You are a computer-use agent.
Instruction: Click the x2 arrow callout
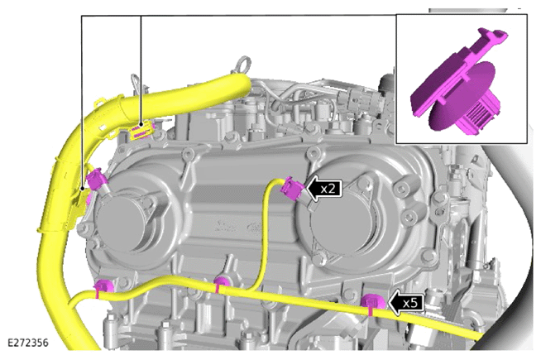click(324, 189)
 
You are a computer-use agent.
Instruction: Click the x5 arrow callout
click(406, 303)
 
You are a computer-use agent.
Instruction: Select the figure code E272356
click(28, 343)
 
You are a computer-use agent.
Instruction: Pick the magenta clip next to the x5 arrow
click(372, 302)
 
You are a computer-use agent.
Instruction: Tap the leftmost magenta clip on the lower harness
click(103, 287)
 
